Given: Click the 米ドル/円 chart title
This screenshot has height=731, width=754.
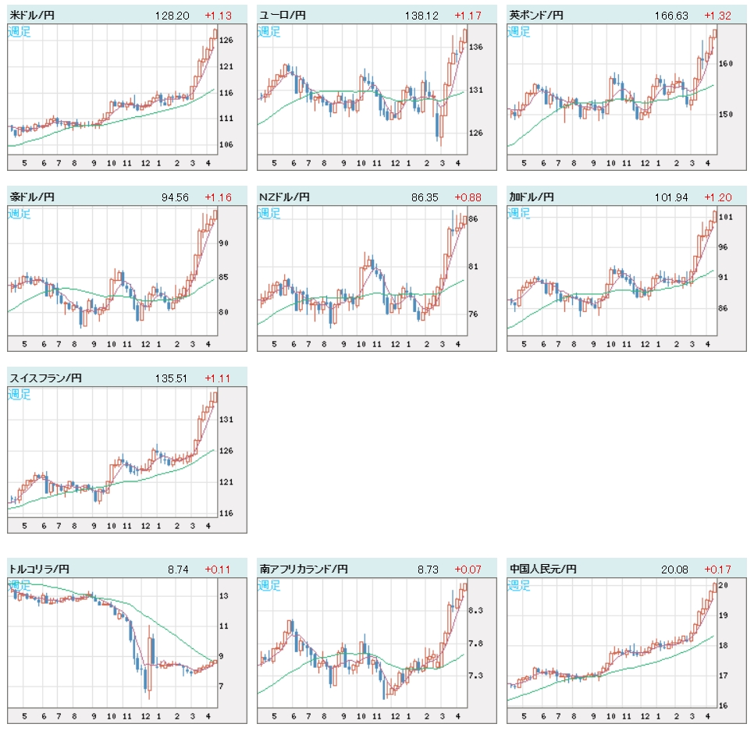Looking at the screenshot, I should coord(33,15).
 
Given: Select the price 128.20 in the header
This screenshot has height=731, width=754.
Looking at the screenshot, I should coord(172,15).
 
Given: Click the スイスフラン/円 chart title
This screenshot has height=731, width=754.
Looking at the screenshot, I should coord(45,378).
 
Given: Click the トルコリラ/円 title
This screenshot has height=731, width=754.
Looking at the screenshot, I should coord(39,570).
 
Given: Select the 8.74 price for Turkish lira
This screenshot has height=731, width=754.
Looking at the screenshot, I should coord(178,570).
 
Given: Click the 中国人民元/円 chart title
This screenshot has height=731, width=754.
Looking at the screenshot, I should coord(542,570).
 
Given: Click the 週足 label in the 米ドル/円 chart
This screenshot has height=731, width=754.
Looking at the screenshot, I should coord(20,32).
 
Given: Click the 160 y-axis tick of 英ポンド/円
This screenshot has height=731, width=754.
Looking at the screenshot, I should coord(726,64).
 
